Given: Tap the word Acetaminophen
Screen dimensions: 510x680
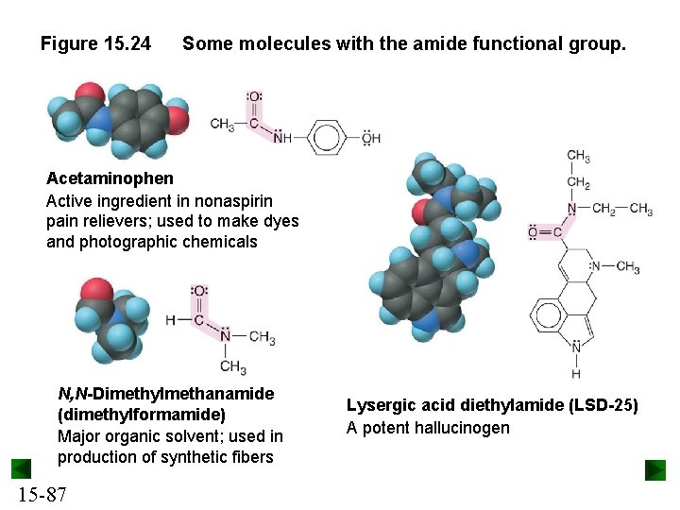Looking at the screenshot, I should (x=110, y=178).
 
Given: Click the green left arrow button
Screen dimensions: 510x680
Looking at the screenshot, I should (x=21, y=469).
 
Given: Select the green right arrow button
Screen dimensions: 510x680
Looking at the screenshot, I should (x=655, y=469).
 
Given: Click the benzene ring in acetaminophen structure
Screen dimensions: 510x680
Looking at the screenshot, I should (x=327, y=138).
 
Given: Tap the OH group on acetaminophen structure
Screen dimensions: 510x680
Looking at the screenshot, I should (x=370, y=138).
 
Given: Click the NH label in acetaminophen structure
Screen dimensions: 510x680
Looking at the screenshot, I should (x=282, y=139).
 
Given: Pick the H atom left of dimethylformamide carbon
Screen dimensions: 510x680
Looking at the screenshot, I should (x=170, y=320).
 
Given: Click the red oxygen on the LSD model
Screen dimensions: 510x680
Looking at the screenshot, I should (x=422, y=210).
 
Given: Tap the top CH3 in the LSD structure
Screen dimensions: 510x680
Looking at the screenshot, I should (x=578, y=157).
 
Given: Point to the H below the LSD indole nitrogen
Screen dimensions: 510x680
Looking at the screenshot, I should (x=576, y=374).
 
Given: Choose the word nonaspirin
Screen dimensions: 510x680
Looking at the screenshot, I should (x=232, y=200).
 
